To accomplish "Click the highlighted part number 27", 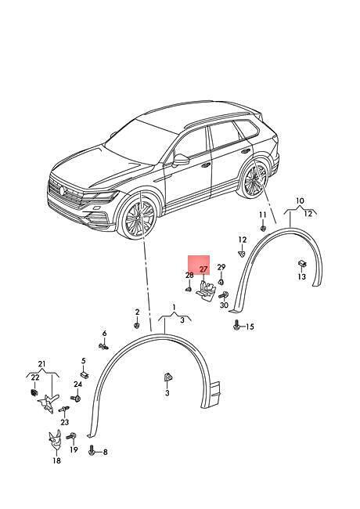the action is point(203,269).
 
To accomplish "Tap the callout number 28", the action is point(189,276).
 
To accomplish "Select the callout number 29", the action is point(221,267).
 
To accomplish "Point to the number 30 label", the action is point(224,305).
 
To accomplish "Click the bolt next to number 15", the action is point(237,325).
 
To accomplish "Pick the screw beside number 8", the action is point(92,450).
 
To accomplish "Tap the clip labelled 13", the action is point(302,264).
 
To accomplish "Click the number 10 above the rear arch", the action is point(300,201).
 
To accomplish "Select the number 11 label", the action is point(263,215).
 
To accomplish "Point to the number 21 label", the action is point(41,364).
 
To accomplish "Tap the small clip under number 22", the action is point(34,392).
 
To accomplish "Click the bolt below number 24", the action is point(76,398).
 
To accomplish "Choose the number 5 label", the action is point(84,361).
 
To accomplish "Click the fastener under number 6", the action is point(103,346).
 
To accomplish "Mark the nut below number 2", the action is point(137,325).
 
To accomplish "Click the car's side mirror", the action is point(181,161).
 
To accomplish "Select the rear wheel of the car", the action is point(253,179).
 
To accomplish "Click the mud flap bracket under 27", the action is point(206,291).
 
